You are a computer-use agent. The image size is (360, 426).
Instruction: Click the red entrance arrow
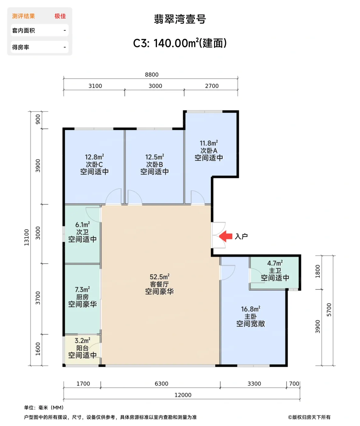(226, 236)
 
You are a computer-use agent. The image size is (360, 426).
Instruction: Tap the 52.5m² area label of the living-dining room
(159, 277)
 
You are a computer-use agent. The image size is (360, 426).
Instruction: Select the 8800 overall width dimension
(152, 75)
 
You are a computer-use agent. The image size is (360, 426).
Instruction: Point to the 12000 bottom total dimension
(183, 395)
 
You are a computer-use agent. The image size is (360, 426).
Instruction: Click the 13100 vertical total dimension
(26, 237)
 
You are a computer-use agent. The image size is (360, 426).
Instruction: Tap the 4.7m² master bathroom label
(275, 263)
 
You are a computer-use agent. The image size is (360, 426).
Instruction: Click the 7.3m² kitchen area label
(82, 289)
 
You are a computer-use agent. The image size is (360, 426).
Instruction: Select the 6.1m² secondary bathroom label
(82, 225)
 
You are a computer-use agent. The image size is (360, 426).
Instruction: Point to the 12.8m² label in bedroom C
(94, 157)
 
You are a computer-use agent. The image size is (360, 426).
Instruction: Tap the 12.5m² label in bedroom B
(154, 157)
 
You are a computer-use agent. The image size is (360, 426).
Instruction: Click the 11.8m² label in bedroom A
(209, 143)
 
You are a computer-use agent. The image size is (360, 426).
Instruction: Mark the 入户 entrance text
(241, 236)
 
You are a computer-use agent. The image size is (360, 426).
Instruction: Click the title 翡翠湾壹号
(180, 19)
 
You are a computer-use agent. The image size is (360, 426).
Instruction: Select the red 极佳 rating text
(60, 16)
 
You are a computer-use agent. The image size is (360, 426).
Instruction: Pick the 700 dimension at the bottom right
(294, 383)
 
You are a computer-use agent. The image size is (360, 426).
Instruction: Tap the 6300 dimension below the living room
(161, 383)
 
